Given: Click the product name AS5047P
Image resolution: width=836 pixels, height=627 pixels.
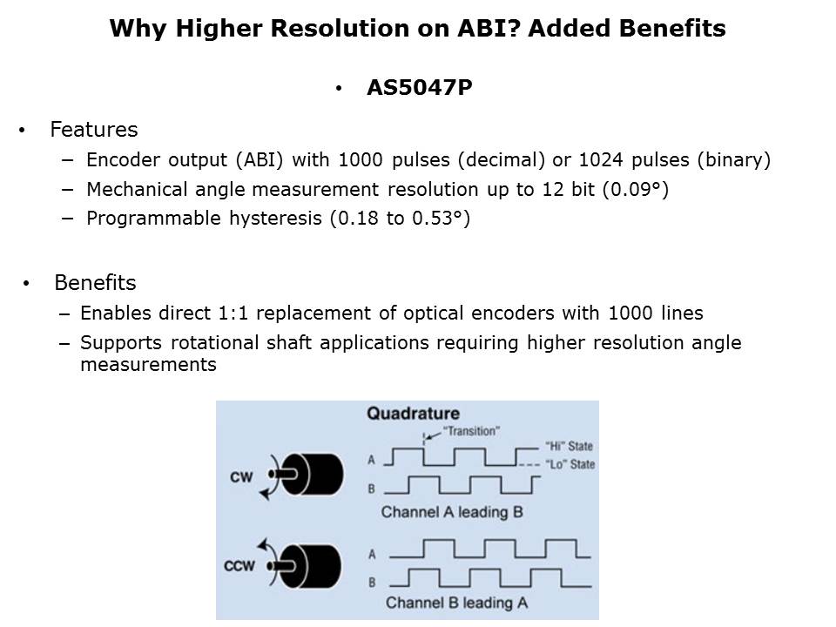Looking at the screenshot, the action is point(420,87).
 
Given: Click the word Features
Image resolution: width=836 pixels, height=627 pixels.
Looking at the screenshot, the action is point(94,130).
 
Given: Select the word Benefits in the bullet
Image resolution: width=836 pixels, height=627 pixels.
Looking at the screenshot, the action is point(96,282).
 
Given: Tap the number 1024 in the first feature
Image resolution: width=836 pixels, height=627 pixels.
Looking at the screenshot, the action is point(601,159).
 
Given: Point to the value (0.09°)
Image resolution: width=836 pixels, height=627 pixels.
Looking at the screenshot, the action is point(636,189).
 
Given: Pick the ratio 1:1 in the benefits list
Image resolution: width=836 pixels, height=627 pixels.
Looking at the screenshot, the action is point(233,313).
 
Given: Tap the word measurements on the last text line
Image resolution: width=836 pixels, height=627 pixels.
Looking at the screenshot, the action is point(148,365).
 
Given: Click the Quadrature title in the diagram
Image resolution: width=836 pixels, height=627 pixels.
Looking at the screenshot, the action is point(413,413).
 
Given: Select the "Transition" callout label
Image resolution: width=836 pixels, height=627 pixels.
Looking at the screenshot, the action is point(471,431).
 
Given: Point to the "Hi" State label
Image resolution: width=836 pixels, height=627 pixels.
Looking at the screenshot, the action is point(569,446).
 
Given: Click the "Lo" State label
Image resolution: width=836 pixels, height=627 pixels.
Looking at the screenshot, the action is point(570,464).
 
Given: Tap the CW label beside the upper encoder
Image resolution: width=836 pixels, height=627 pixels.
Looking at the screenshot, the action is point(241,476).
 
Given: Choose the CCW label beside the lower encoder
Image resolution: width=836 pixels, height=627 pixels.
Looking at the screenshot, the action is point(239,566).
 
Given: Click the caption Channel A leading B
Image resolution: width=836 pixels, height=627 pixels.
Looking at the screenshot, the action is point(452,512).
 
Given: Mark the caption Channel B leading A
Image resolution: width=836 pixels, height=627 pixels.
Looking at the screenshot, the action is point(456,603).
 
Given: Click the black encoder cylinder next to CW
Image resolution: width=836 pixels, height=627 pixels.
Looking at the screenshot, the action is point(313,475).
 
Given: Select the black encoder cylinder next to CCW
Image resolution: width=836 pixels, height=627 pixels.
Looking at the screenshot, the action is point(312,566).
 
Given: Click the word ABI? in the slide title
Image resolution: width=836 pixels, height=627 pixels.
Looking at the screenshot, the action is point(489,28).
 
